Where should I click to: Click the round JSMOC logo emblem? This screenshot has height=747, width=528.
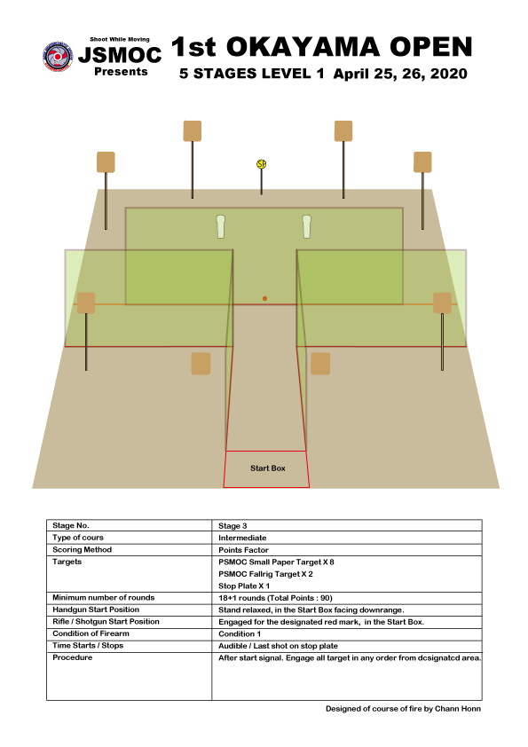point(58,57)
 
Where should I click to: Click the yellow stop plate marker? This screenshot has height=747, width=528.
point(261,164)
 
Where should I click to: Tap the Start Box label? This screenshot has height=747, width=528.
point(268,468)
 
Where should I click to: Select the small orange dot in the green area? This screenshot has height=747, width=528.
point(265,299)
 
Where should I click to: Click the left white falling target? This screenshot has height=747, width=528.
point(221,226)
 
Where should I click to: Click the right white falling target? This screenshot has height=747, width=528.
point(307,226)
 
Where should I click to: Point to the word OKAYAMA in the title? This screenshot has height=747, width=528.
point(303,47)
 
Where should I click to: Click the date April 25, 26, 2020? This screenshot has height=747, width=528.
point(400,74)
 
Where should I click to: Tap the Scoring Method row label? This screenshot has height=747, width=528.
point(82,550)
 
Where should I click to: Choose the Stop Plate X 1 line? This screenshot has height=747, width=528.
point(244,586)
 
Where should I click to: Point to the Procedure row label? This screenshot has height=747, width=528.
point(73,657)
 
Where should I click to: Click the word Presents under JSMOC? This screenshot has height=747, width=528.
point(121,72)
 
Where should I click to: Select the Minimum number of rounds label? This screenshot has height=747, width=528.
point(104,597)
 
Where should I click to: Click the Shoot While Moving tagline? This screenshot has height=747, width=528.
point(120,40)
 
